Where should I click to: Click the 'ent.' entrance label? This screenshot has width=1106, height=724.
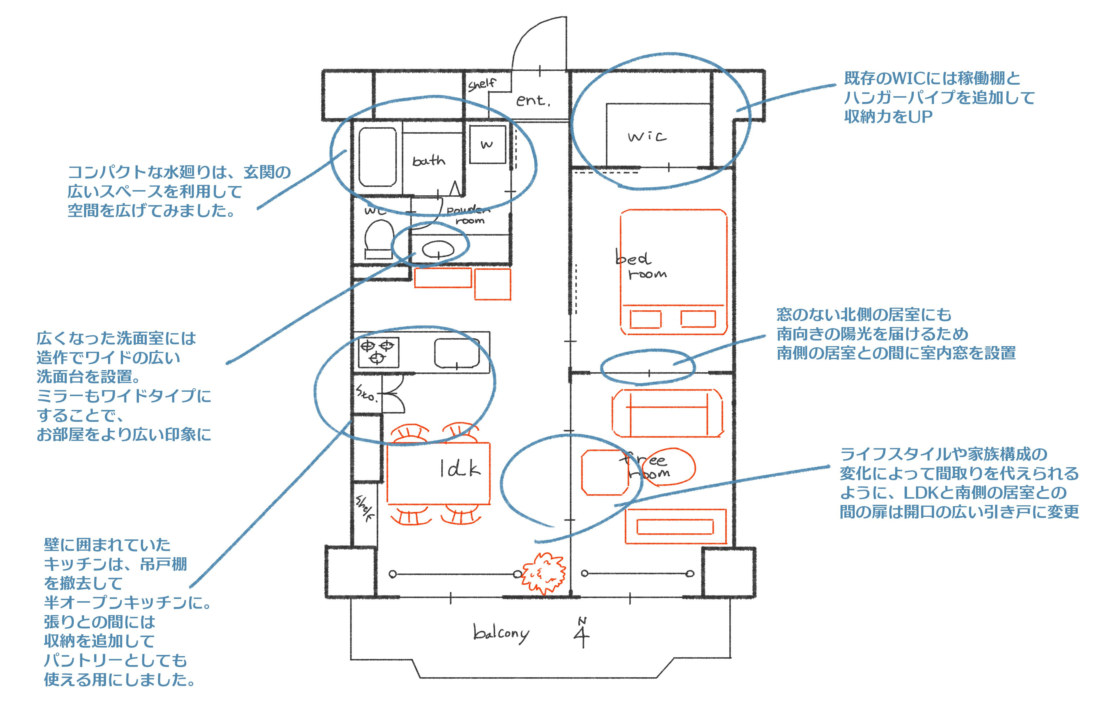pyautogui.click(x=533, y=100)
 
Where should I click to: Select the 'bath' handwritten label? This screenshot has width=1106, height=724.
pyautogui.click(x=428, y=161)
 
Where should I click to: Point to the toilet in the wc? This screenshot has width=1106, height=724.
pyautogui.click(x=379, y=238)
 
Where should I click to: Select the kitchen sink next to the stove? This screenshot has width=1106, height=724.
pyautogui.click(x=457, y=353)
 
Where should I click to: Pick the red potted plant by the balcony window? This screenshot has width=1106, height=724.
pyautogui.click(x=544, y=573)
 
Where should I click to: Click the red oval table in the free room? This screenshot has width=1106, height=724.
pyautogui.click(x=669, y=466)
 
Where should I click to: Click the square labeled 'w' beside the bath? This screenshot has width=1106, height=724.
pyautogui.click(x=487, y=144)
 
